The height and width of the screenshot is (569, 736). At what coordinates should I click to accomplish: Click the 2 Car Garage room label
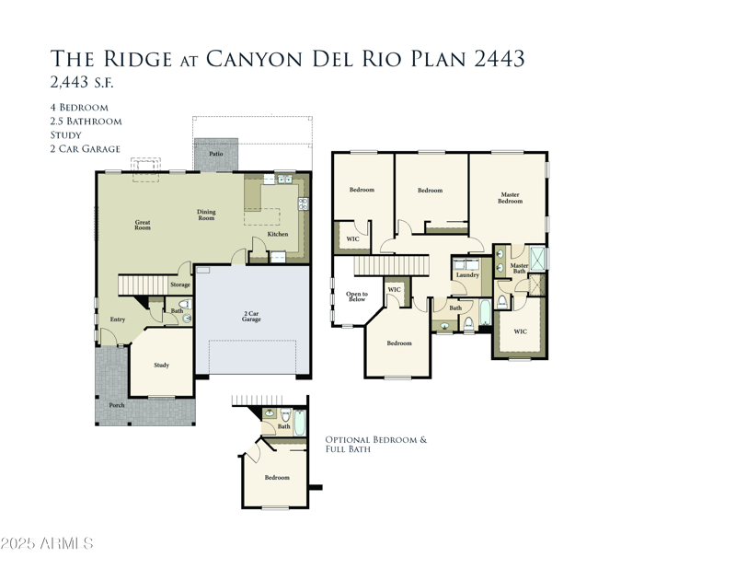[x=251, y=316]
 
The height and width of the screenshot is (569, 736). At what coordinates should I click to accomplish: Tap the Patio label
[x=216, y=154]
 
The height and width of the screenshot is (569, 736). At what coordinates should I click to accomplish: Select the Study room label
[x=162, y=366]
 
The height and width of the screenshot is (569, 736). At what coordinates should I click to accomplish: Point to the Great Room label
[x=143, y=225]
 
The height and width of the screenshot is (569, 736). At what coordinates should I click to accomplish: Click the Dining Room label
[x=206, y=215]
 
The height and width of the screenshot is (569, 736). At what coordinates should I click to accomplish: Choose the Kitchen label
[x=278, y=234]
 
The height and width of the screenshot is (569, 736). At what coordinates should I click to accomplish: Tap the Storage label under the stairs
[x=180, y=284]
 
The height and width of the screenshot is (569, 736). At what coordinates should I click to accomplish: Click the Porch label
[x=117, y=405]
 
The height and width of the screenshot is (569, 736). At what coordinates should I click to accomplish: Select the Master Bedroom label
[x=511, y=198]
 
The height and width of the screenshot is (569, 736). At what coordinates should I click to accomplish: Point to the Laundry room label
[x=467, y=275]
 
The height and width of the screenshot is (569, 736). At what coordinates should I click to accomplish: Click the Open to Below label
[x=357, y=296]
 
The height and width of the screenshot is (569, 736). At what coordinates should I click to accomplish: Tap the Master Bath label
[x=519, y=268]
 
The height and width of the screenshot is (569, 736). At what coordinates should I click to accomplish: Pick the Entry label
[x=118, y=319]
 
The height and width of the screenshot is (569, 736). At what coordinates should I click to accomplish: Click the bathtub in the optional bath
[x=300, y=423]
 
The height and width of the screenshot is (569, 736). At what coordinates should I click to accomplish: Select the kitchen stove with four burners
[x=304, y=203]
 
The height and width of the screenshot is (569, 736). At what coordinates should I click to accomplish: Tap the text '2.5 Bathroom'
[x=86, y=122]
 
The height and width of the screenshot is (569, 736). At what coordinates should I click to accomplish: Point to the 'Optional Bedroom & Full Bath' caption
[x=376, y=445]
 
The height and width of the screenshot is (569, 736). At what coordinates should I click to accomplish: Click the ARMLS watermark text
[x=47, y=543]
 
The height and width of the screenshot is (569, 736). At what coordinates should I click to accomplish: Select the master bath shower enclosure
[x=537, y=258]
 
